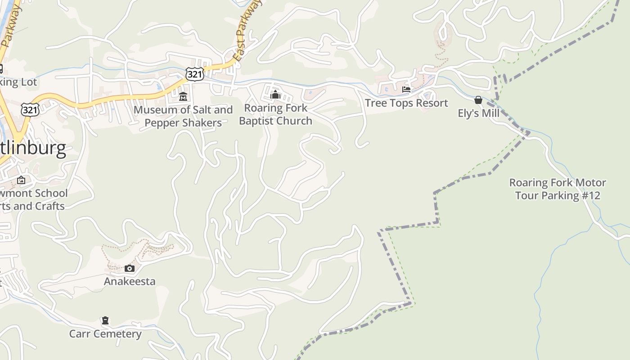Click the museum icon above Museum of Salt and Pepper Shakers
(x=183, y=96)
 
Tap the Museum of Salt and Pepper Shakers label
(x=183, y=116)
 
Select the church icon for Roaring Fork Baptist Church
(x=275, y=94)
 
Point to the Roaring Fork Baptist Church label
(x=275, y=114)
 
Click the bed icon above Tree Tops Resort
(x=406, y=90)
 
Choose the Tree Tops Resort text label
(x=406, y=103)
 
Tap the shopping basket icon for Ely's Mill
(x=478, y=100)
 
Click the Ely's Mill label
(x=478, y=113)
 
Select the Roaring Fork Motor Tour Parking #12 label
(x=558, y=189)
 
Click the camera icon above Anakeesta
(x=130, y=269)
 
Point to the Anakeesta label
(x=130, y=282)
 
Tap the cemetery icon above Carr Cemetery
(x=105, y=320)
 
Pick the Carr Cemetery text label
(x=105, y=334)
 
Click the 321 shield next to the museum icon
(x=194, y=74)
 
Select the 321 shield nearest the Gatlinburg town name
(x=30, y=109)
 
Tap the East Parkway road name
(x=247, y=31)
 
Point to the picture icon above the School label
(x=21, y=180)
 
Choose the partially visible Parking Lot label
(x=18, y=82)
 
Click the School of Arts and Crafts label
(x=32, y=200)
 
